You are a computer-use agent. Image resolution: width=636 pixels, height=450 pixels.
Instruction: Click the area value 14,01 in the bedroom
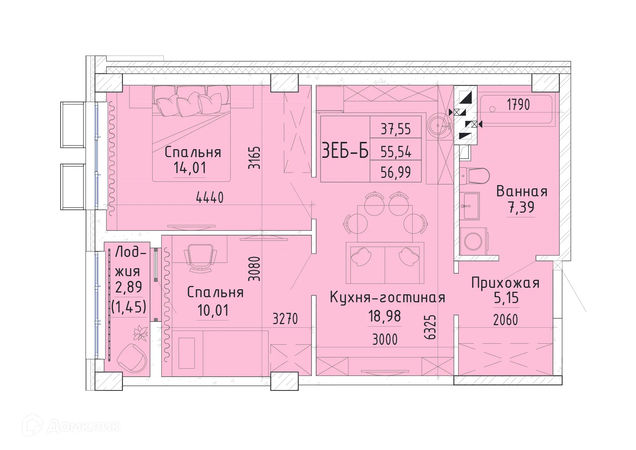(190, 168)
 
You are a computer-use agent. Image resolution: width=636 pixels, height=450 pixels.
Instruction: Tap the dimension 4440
(210, 198)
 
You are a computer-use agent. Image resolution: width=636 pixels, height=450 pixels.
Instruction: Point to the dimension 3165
(255, 157)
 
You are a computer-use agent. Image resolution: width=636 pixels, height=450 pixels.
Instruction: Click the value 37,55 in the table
(396, 129)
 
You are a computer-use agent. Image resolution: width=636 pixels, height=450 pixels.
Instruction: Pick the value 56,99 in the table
(396, 172)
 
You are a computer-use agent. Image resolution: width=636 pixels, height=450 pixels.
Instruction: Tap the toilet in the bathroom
(475, 176)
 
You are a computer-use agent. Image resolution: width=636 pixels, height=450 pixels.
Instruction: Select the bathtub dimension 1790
(518, 105)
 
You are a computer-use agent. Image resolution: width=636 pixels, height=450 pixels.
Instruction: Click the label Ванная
(522, 192)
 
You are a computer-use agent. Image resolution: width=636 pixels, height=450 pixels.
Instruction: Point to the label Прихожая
(505, 283)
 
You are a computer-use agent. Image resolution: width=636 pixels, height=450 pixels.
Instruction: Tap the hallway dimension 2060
(505, 320)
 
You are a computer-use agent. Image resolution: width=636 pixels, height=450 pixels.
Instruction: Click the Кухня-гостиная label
(387, 298)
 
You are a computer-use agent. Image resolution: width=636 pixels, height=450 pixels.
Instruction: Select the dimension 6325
(430, 327)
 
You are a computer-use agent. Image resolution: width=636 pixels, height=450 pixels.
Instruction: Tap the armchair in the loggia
(132, 358)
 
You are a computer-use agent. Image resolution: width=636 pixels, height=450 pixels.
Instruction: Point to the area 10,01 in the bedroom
(213, 311)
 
